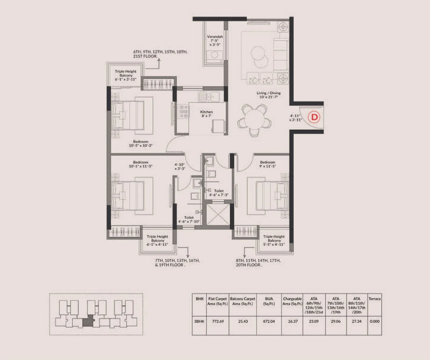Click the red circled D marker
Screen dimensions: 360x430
tap(314, 117)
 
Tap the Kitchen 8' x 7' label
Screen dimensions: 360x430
tap(206, 113)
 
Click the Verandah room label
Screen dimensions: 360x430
tap(215, 40)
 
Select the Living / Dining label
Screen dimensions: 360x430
tap(268, 95)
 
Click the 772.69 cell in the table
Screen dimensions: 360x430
tap(218, 321)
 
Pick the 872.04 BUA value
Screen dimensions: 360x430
tap(269, 321)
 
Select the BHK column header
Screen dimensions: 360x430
tap(199, 299)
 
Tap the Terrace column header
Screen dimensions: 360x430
tap(374, 299)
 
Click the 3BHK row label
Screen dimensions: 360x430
tap(199, 321)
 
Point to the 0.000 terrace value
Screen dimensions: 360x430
tap(374, 321)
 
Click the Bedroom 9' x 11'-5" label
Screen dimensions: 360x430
tap(267, 164)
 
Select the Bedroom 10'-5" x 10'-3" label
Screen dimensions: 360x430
tap(141, 143)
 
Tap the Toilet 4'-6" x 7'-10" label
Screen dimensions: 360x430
tap(189, 219)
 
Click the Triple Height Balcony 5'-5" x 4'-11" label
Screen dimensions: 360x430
tap(274, 240)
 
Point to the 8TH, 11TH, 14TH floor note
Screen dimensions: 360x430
tap(258, 262)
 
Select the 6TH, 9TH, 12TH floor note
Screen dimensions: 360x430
tap(160, 54)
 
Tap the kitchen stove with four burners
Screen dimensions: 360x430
tap(184, 111)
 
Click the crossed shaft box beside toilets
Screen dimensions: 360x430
tap(218, 214)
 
